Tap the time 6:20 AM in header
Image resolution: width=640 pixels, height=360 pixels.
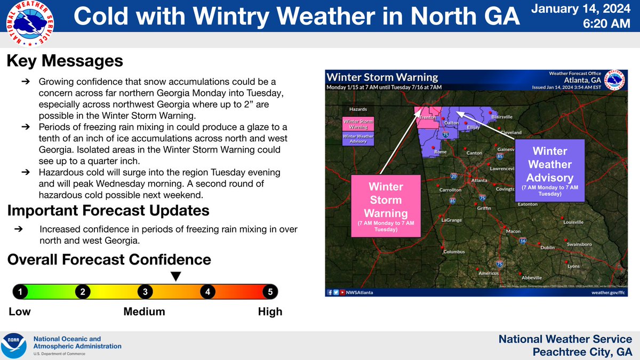(x=609, y=24)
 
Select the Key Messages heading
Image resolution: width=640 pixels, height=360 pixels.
(x=65, y=61)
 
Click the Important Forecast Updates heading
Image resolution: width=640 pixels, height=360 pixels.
(x=108, y=211)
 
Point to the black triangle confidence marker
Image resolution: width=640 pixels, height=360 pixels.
(x=175, y=276)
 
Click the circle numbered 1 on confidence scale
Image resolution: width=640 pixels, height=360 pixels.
(x=20, y=292)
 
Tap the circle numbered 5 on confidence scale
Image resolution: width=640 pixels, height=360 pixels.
(x=270, y=292)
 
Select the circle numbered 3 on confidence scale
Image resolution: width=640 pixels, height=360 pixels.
(x=145, y=292)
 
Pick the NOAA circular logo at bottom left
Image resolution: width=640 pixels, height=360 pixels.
(x=14, y=346)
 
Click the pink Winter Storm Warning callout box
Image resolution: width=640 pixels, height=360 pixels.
(x=386, y=206)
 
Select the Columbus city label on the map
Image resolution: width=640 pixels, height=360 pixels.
(x=454, y=252)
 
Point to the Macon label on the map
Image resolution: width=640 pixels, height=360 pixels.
(x=513, y=231)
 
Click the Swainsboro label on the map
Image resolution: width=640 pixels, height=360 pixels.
(x=579, y=244)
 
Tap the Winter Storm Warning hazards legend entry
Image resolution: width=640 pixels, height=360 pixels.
(x=357, y=124)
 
